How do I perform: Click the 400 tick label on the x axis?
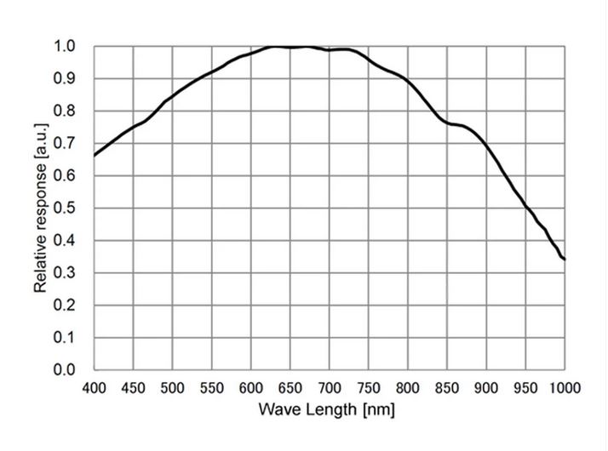point(94,388)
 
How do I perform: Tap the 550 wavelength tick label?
point(211,388)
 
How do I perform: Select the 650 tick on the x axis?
point(290,388)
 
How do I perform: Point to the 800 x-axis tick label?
point(407,388)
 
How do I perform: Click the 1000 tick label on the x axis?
point(562,388)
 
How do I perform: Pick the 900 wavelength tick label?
point(485,388)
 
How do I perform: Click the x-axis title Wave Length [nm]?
point(328,410)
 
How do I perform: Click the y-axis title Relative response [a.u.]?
point(41,208)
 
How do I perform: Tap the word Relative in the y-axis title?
point(41,265)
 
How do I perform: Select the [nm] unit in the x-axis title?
point(378,410)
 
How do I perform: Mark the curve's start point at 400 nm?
point(94,156)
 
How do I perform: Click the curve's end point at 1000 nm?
point(564,259)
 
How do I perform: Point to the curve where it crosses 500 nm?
point(172,95)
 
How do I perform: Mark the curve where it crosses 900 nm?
point(485,146)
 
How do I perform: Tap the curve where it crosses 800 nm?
point(407,83)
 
